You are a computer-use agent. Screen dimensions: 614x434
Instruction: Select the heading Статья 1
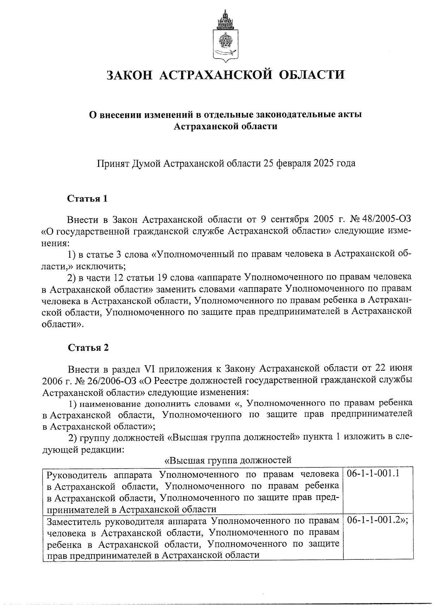(88, 199)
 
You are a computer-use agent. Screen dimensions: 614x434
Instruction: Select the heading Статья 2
(88, 348)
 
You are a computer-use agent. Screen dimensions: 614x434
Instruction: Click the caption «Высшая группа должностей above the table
(228, 461)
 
